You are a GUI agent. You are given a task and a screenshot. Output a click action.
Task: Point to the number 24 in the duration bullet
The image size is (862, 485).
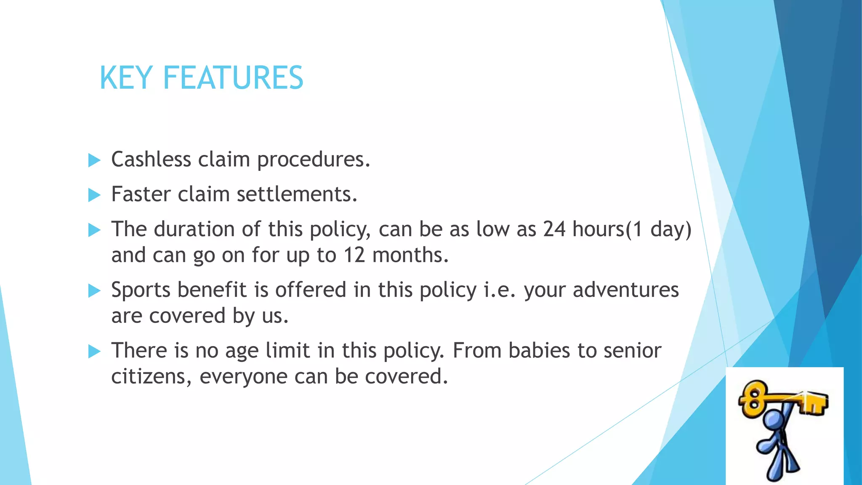[554, 229]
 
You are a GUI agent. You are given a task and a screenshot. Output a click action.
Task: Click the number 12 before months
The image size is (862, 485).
[354, 255]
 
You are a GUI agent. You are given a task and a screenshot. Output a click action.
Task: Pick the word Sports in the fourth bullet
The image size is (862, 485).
[141, 290]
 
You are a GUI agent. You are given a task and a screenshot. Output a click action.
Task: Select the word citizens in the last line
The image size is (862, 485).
[147, 376]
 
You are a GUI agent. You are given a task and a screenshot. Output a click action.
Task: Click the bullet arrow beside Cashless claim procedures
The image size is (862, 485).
[94, 160]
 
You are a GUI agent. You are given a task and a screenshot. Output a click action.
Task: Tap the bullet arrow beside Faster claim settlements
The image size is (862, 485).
[94, 195]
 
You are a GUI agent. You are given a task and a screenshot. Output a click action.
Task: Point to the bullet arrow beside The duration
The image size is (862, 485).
[94, 230]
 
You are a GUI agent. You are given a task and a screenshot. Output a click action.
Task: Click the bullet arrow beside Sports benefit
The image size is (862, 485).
[94, 291]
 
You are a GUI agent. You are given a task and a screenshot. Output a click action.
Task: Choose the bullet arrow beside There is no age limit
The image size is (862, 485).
[94, 352]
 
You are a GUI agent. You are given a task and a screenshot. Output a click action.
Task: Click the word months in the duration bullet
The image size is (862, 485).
[410, 255]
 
